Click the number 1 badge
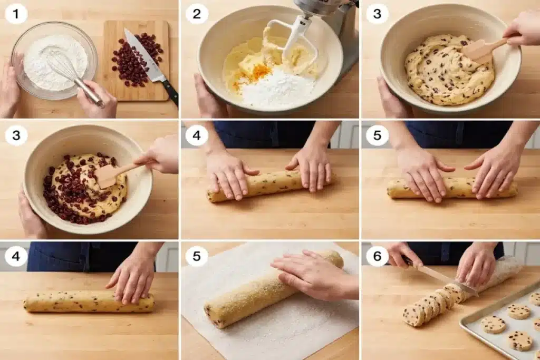click(x=16, y=14)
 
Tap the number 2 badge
click(x=196, y=14)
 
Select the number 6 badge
click(x=377, y=256)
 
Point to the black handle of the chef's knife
click(x=170, y=92)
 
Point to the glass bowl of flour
click(x=54, y=61)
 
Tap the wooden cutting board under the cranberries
click(x=136, y=61)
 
